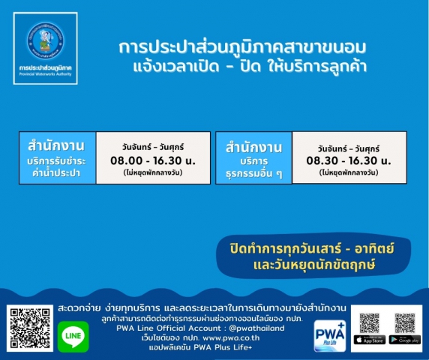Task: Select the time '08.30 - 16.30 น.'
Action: pos(349,160)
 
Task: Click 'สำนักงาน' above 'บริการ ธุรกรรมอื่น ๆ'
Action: pos(251,147)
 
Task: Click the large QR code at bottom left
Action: pos(28,328)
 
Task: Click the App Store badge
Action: pos(369,340)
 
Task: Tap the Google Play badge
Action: pos(405,340)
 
